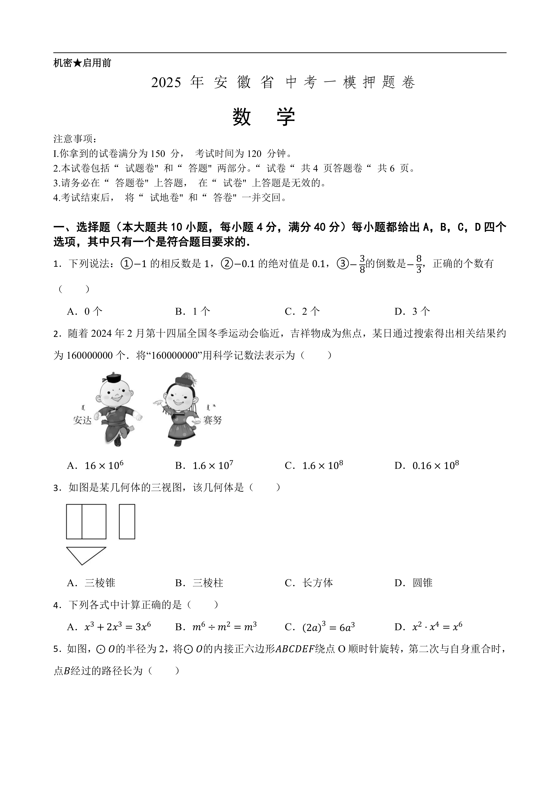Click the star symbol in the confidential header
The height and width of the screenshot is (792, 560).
tap(77, 63)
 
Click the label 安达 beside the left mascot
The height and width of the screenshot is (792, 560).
tap(82, 420)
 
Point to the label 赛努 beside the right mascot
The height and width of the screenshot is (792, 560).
tap(212, 420)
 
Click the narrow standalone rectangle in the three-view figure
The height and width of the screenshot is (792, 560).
tap(127, 521)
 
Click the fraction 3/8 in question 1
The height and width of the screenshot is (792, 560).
tap(362, 264)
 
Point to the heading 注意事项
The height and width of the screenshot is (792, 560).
tap(75, 139)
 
